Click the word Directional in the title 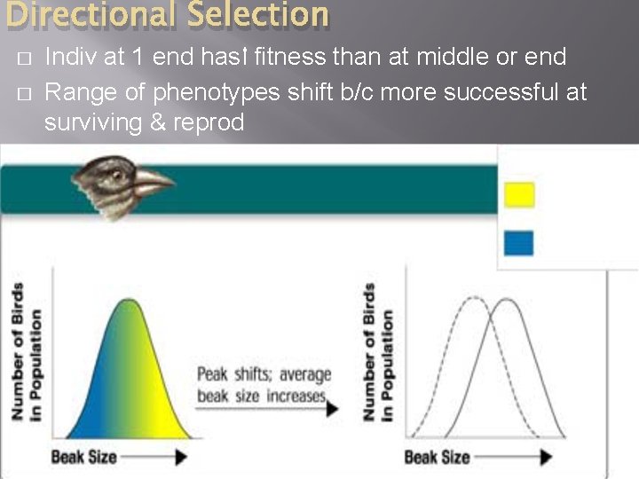point(80,14)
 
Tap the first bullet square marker point(24,59)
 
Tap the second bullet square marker point(24,92)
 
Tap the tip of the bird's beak point(174,185)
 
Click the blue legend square point(519,243)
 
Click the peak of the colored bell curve point(130,301)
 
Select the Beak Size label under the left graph point(84,457)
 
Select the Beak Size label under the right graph point(438,457)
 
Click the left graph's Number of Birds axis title point(25,352)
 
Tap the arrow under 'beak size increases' point(267,409)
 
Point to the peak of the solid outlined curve point(507,300)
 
